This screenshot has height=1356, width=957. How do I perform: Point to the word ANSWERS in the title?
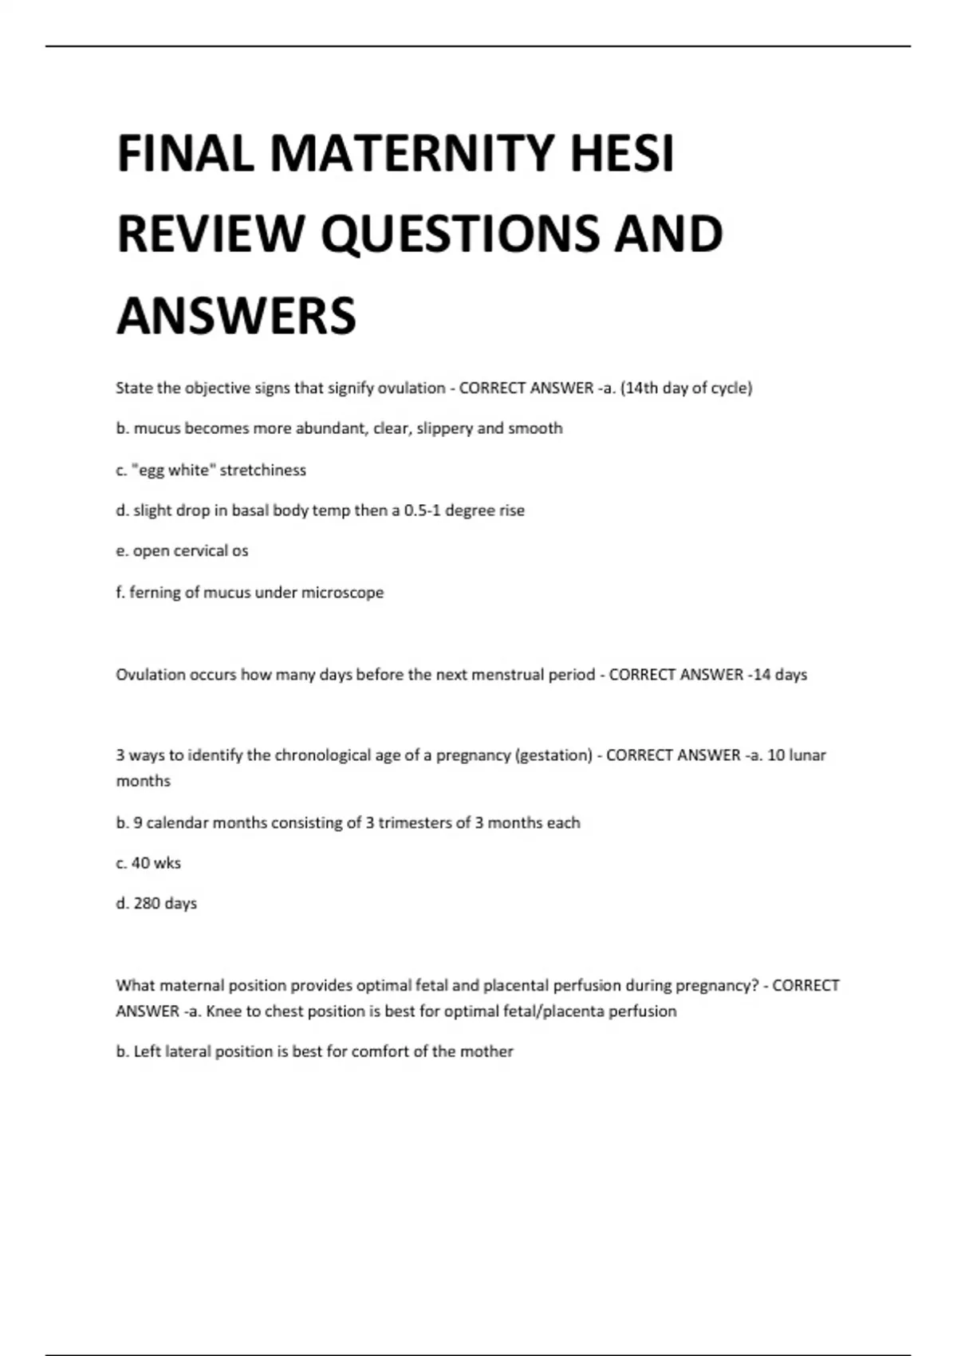tap(236, 315)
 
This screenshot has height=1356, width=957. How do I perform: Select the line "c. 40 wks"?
tap(148, 863)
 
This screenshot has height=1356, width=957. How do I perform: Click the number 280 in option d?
tap(147, 904)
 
